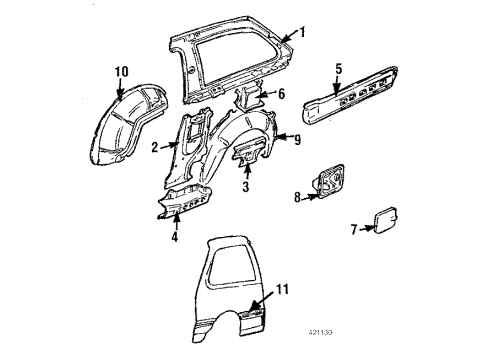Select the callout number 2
point(155,147)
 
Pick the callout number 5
point(338,69)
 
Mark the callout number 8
point(298,198)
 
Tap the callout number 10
point(122,70)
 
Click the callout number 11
point(282,291)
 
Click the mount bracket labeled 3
point(246,159)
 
